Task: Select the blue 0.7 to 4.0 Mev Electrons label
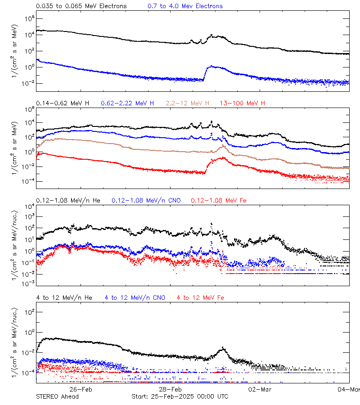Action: coord(185,6)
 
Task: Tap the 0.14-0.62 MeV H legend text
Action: coord(63,103)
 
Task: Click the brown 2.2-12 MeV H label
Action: coord(188,103)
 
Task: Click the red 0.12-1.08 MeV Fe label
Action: coord(218,200)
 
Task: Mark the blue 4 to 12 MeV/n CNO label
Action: coord(135,297)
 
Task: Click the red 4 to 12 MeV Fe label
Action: coord(200,297)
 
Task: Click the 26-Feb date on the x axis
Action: coord(81,389)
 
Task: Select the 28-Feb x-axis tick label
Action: coord(170,389)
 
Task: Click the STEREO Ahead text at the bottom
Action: coord(57,396)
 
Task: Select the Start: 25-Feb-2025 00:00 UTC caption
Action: coord(180,396)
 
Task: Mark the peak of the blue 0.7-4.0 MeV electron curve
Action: coord(211,66)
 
